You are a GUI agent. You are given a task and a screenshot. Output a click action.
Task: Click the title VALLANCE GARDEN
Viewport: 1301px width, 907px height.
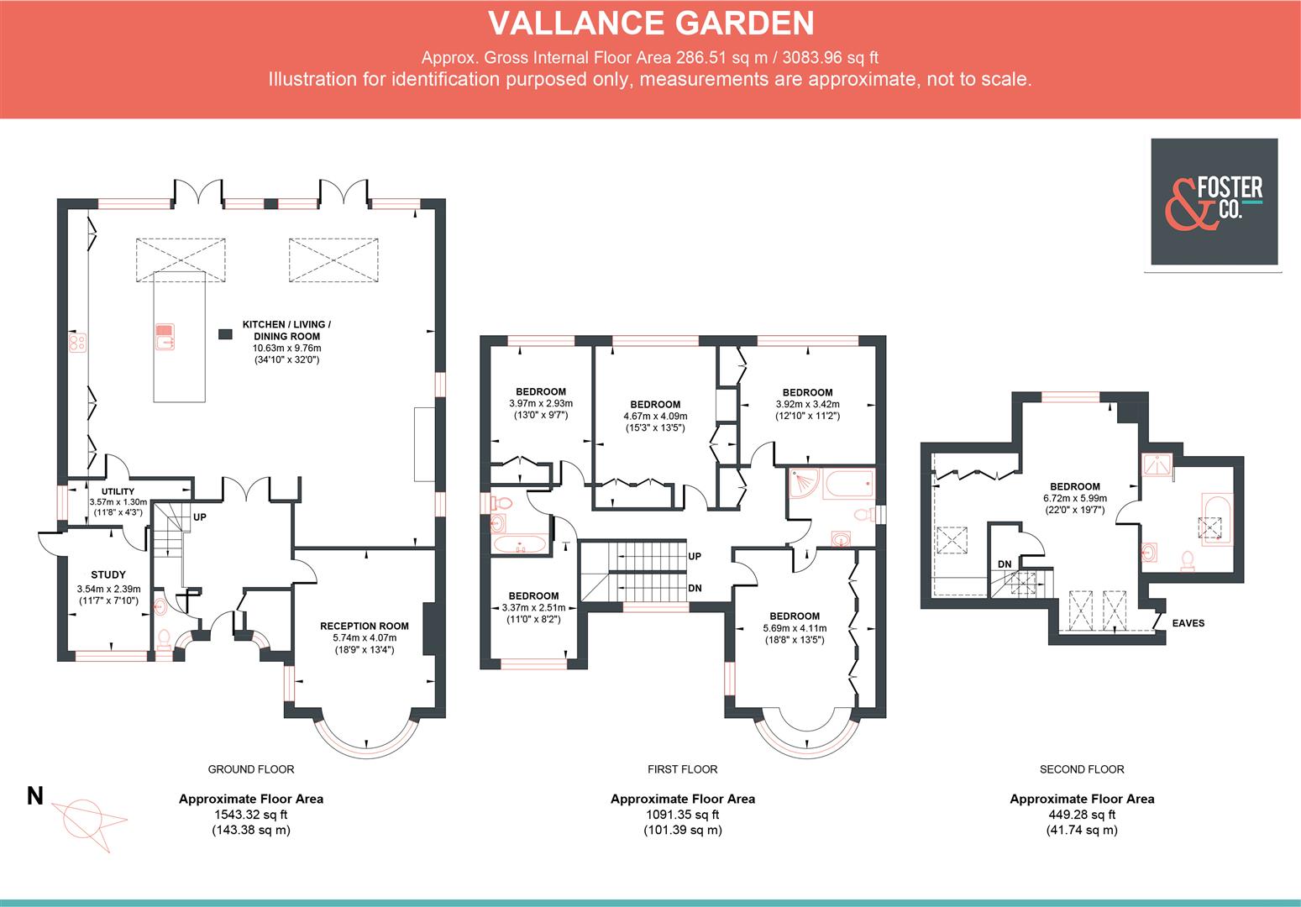click(x=651, y=24)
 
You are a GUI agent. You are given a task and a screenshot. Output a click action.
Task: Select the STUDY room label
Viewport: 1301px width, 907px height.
click(x=108, y=575)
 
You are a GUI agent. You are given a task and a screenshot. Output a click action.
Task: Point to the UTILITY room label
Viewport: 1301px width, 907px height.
click(x=118, y=492)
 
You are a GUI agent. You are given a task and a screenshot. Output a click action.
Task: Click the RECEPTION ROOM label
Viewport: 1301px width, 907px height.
click(x=364, y=626)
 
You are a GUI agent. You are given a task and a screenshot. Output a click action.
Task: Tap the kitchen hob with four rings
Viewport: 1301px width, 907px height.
click(x=77, y=342)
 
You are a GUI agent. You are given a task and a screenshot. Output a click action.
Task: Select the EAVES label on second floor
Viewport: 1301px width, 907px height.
click(x=1188, y=623)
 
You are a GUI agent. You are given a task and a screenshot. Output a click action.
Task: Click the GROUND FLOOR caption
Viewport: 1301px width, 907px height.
click(x=250, y=769)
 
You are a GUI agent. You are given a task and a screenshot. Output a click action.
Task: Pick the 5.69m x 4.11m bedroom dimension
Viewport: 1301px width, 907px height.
click(x=795, y=628)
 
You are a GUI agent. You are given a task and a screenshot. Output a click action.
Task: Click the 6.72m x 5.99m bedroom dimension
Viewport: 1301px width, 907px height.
click(x=1074, y=498)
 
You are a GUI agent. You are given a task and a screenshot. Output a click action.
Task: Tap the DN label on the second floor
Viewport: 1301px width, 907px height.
click(x=1005, y=564)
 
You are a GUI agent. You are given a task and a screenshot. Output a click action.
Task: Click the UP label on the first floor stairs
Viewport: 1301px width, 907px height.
click(x=695, y=557)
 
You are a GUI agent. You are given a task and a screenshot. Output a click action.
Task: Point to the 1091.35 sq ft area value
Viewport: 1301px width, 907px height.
click(x=682, y=815)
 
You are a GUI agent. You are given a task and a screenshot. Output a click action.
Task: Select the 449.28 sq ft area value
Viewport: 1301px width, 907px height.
click(x=1082, y=815)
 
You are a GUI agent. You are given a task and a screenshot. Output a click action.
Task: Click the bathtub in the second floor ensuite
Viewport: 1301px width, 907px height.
click(x=1214, y=521)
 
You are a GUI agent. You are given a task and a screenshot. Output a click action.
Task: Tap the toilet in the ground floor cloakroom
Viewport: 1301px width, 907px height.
click(x=164, y=637)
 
